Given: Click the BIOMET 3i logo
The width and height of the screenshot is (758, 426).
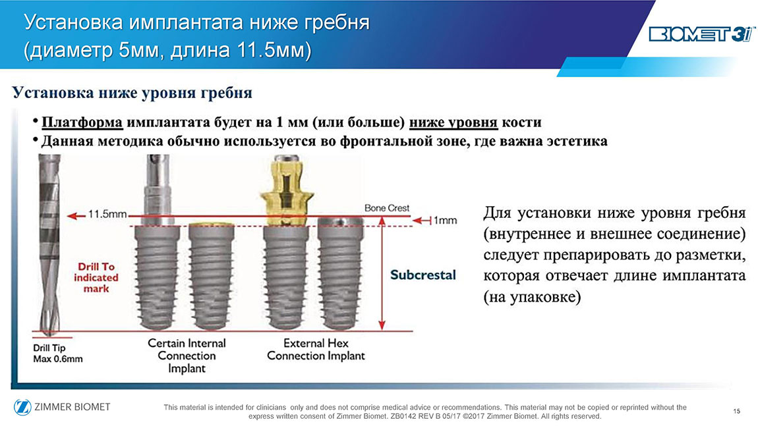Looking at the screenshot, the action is tap(702, 34).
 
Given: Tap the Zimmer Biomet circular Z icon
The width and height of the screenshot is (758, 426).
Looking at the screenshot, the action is tap(22, 407).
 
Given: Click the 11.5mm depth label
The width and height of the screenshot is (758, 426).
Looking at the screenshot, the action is tap(107, 214).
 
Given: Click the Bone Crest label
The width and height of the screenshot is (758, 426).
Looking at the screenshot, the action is tap(387, 207).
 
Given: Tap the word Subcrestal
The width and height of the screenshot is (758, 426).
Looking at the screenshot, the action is tap(423, 275).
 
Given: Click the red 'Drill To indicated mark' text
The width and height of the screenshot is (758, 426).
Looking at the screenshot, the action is tap(96, 278).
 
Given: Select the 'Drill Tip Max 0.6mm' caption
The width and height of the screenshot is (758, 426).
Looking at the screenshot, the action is tap(57, 353).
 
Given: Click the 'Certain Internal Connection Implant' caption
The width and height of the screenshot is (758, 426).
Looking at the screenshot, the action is tap(187, 356).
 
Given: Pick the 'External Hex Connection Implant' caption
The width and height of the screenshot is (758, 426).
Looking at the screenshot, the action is tap(316, 349).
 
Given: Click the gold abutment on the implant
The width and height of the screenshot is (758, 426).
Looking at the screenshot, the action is tap(286, 192).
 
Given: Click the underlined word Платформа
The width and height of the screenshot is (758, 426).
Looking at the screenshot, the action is tap(82, 122).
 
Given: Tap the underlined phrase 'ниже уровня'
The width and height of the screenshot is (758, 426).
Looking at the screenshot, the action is tap(453, 122).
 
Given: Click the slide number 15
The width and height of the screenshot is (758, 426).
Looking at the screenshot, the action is tap(736, 411).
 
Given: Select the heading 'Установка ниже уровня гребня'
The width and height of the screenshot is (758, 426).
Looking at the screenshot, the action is tap(132, 92).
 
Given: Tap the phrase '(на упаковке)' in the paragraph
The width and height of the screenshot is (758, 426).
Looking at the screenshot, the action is tap(532, 296).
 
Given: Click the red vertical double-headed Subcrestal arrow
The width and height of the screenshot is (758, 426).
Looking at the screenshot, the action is tap(382, 273).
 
